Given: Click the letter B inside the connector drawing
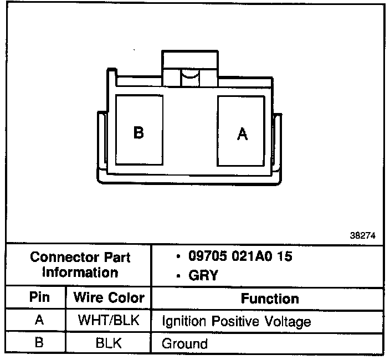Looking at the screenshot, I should pos(138,133).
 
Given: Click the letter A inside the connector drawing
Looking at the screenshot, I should pos(242,133).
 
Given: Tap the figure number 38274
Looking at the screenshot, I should pos(363,235).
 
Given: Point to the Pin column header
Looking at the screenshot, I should pos(38,297).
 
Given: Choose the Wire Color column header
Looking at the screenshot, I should pos(109,297).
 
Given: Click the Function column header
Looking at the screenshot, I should pos(270,299).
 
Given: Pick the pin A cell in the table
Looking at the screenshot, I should pos(38,321).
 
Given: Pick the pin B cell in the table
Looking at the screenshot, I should pos(38,342).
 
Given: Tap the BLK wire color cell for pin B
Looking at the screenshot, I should pos(109,343).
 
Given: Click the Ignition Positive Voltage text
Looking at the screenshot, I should pos(236,322).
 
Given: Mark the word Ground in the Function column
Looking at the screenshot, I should pos(184,343).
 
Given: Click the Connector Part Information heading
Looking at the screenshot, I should pos(80,265).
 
